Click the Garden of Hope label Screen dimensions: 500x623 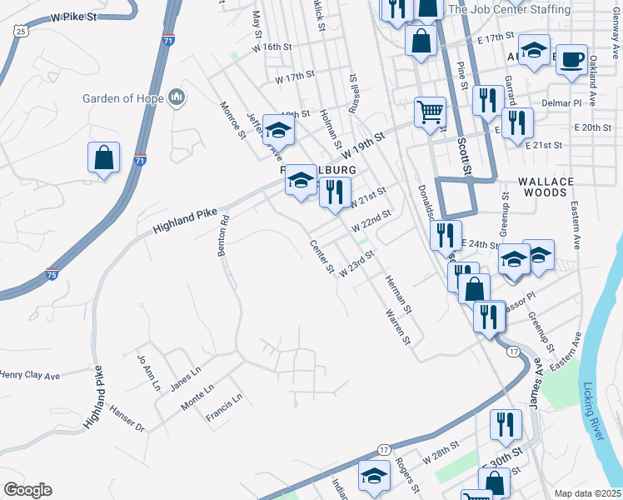[122, 98]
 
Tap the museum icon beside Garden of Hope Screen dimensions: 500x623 [176, 99]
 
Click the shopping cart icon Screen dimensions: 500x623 [430, 111]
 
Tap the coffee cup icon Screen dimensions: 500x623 [571, 59]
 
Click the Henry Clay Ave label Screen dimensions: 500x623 [30, 376]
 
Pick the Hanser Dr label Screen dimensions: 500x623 [127, 419]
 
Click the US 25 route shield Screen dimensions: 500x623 [22, 31]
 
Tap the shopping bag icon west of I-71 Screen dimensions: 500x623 [103, 158]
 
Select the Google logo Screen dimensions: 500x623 [27, 489]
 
